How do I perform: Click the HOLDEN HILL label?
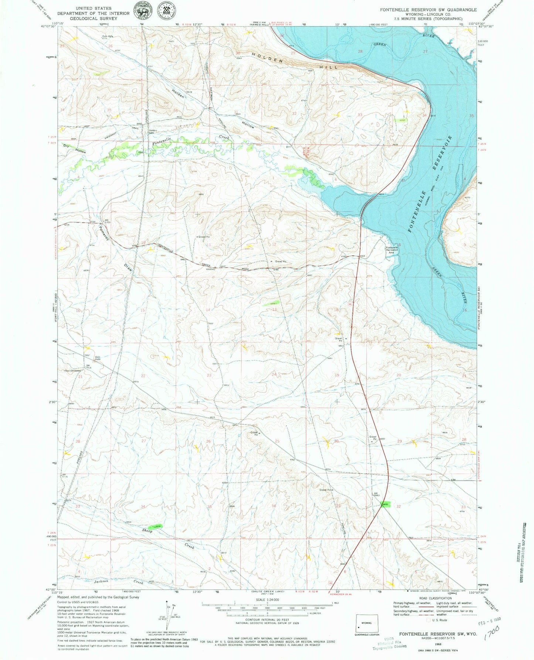(x=296, y=61)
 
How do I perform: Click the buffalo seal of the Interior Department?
(x=142, y=11)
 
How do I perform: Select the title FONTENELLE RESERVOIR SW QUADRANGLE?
(x=428, y=10)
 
